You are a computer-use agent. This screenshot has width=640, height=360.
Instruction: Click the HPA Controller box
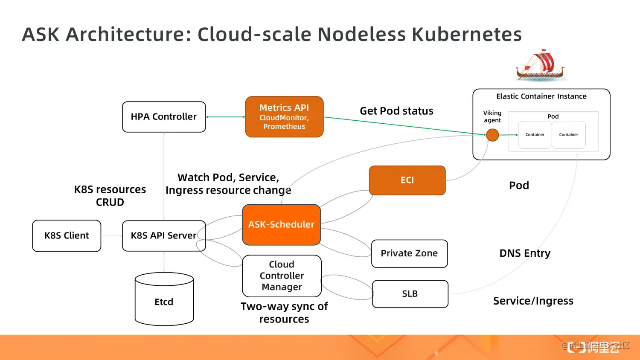point(164,117)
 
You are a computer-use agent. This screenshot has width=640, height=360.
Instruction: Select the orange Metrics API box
point(284,117)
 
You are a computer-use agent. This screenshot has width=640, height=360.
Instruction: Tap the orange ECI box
point(407,180)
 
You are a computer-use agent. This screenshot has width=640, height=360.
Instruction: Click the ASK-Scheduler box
point(281,225)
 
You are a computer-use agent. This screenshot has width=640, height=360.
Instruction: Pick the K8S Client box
point(67,236)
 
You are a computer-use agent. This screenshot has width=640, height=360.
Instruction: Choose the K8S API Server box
point(164,236)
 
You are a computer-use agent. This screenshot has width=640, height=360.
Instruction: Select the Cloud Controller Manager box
point(282,276)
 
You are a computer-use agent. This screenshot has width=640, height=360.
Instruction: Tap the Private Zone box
point(409,254)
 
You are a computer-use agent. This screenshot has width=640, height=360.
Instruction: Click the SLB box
point(410,294)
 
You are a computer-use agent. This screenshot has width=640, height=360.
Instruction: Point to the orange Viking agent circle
point(492,135)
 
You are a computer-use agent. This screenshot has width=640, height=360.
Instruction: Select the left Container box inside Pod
point(535,135)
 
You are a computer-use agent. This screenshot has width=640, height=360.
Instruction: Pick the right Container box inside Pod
point(568,135)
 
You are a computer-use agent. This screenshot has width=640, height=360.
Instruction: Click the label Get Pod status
point(396,111)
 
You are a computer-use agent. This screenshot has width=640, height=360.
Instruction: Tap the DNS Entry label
point(525,253)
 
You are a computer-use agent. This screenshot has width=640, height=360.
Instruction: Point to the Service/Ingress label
point(533,301)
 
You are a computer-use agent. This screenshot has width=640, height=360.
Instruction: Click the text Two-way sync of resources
point(284,313)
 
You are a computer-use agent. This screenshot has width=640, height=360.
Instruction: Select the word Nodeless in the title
point(361,35)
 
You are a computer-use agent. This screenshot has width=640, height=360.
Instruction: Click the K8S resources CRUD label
point(110,196)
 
